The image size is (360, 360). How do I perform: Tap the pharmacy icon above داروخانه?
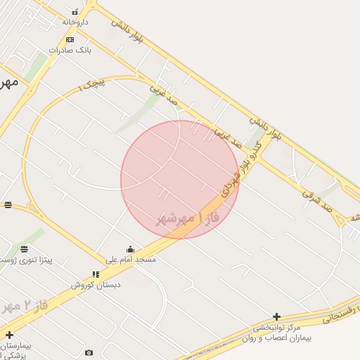(75, 12)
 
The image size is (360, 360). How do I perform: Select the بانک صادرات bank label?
(70, 50)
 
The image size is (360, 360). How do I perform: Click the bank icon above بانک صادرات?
(70, 39)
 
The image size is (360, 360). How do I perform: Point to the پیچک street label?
(91, 86)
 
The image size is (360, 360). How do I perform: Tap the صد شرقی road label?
(316, 199)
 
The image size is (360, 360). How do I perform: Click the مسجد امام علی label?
(131, 259)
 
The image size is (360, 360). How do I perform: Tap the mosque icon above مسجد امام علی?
(130, 249)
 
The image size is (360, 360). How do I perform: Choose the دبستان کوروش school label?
(96, 285)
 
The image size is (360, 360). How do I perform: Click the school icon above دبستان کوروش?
(96, 274)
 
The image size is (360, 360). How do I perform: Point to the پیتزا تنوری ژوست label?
(25, 260)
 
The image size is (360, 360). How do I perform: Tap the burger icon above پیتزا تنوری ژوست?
(25, 250)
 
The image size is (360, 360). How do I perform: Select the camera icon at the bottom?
(89, 352)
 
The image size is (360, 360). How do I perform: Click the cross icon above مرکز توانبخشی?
(276, 317)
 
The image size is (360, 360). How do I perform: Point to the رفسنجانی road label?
(340, 314)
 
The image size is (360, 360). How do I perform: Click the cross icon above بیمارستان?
(9, 335)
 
